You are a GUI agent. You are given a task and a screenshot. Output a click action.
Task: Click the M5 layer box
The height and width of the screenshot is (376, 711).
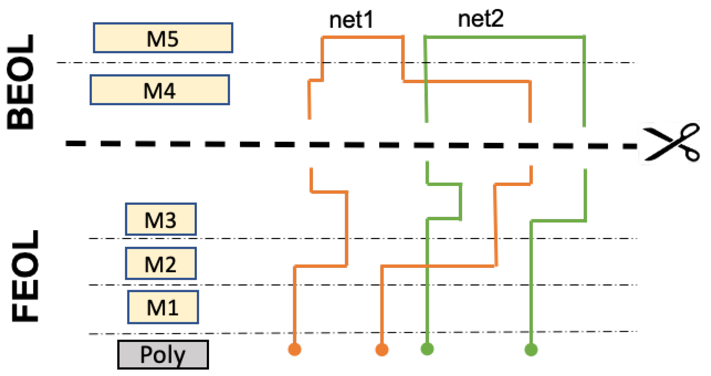click(163, 38)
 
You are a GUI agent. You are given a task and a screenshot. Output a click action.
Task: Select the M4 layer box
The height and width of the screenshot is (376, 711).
click(160, 90)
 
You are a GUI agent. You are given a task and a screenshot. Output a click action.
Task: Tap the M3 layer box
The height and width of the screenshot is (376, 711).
click(161, 219)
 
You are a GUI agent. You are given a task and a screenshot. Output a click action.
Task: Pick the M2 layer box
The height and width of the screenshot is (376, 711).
click(161, 264)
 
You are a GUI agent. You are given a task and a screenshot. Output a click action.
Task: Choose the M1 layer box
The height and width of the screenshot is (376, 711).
click(163, 307)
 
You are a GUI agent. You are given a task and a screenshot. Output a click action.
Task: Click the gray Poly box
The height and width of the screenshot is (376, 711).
click(163, 355)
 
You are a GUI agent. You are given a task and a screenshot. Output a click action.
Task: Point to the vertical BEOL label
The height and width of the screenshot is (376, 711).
click(20, 82)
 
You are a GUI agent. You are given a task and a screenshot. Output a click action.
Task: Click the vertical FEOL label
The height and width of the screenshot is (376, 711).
click(25, 276)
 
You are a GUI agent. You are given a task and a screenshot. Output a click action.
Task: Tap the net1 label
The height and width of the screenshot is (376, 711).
click(351, 20)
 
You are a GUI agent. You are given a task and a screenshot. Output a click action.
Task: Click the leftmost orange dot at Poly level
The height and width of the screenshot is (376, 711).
click(294, 349)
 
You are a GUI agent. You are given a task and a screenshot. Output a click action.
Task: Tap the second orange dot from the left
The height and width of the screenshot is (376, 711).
click(382, 350)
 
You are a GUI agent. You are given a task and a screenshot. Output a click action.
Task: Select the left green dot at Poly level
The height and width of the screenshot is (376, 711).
click(427, 349)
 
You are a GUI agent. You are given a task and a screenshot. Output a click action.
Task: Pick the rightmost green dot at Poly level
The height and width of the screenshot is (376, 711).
click(531, 349)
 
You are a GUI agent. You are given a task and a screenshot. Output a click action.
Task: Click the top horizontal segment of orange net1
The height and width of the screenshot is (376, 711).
click(363, 37)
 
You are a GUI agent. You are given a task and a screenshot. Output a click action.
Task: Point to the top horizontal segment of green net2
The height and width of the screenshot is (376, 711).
click(505, 37)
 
